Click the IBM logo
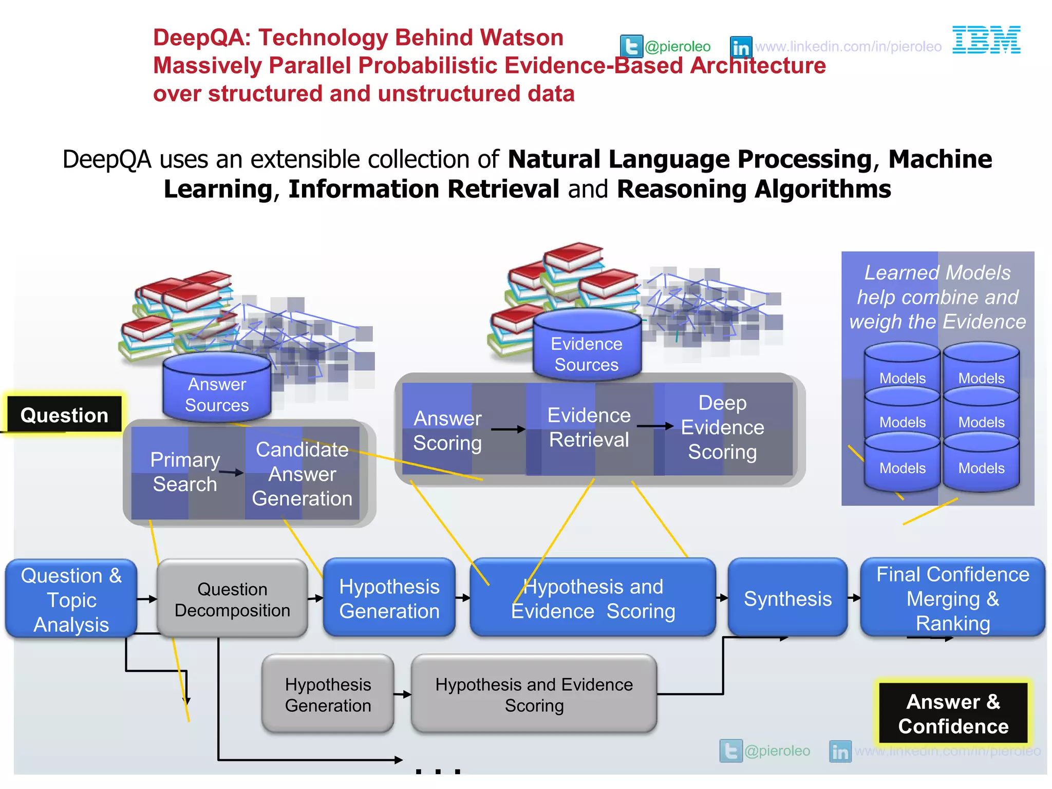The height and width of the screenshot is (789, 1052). [986, 40]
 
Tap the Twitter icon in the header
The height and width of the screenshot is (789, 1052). [631, 47]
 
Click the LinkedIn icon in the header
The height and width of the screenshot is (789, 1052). [741, 47]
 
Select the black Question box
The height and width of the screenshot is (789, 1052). [64, 415]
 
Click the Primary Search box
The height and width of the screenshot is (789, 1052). [185, 472]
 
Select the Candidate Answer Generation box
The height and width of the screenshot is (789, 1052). [302, 474]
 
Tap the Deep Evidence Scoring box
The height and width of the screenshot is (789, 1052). [723, 427]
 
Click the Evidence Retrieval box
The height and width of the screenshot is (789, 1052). [589, 427]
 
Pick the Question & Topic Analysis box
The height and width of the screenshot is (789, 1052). [71, 599]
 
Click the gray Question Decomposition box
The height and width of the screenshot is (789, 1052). [232, 599]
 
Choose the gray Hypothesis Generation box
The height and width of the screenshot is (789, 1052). [328, 694]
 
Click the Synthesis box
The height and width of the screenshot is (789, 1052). [787, 598]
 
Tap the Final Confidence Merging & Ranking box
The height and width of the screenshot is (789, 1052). [952, 598]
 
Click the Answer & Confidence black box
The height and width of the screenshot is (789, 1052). [953, 713]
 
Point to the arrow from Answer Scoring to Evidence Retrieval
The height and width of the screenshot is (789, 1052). [508, 429]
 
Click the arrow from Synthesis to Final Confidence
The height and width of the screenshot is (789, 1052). [854, 598]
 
